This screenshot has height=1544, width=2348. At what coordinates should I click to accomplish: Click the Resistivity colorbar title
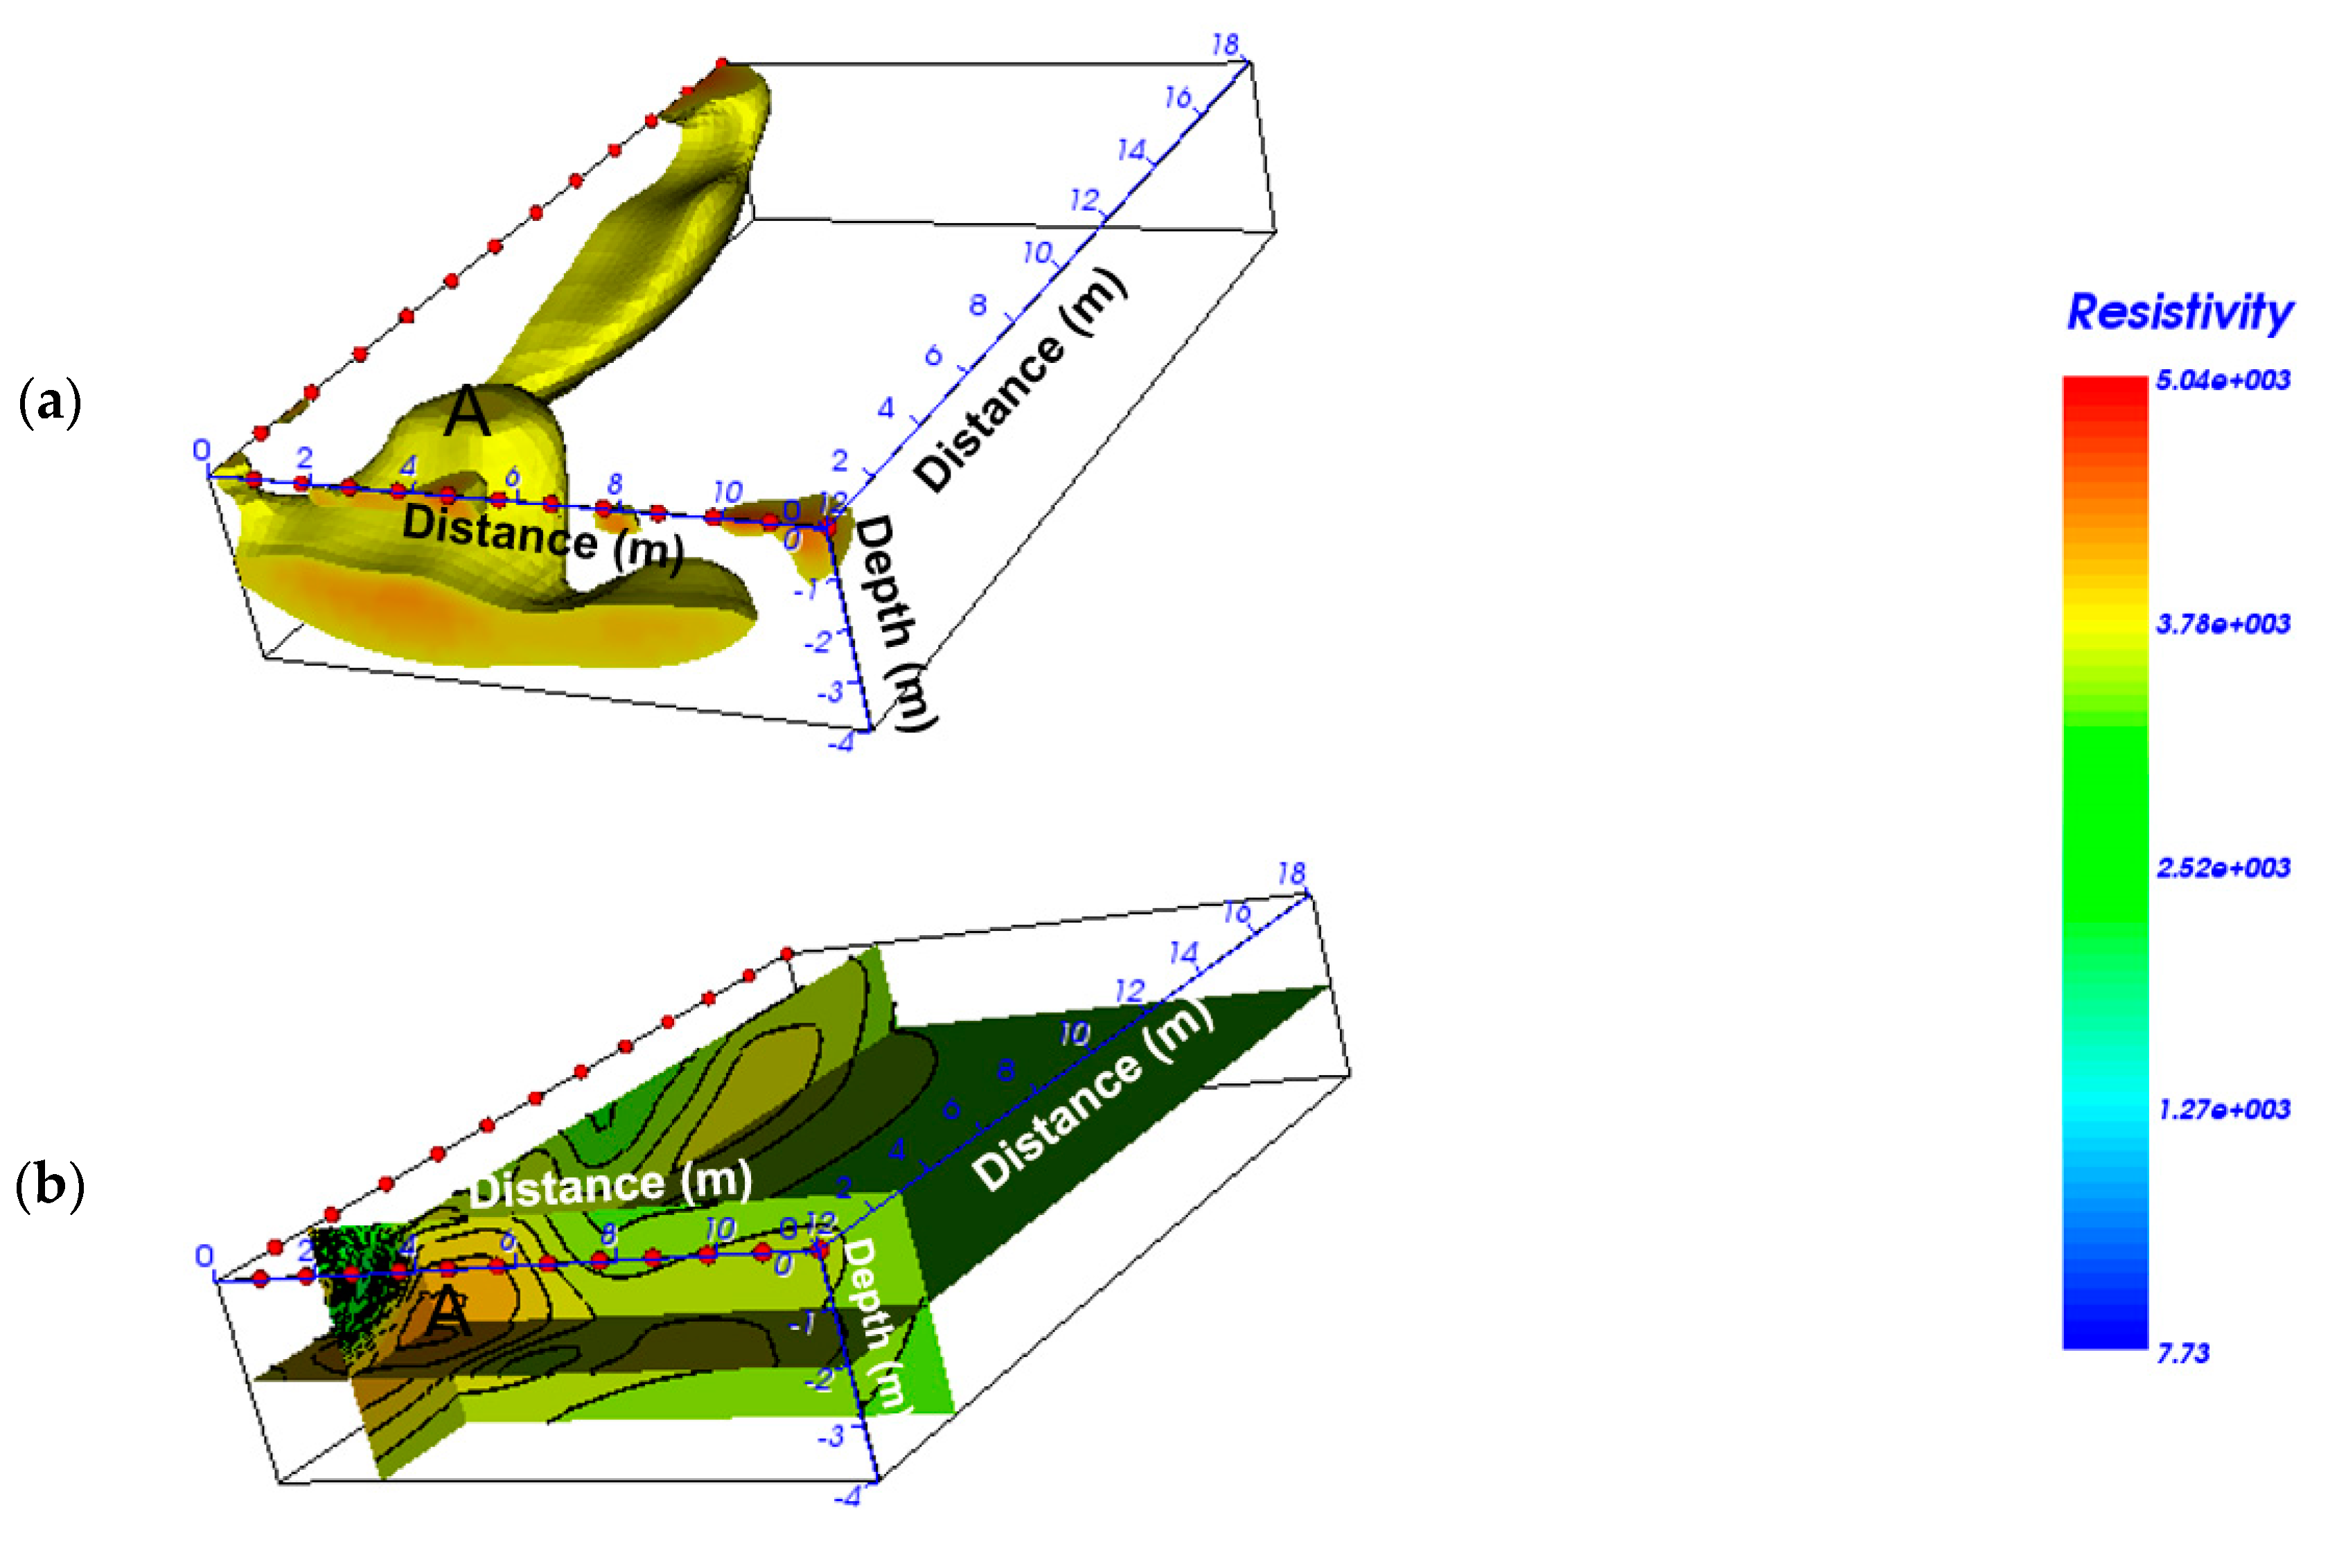2180,312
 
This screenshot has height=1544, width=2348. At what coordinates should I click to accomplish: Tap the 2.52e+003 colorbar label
2222,868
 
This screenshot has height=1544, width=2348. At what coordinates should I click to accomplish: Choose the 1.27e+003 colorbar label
2222,1110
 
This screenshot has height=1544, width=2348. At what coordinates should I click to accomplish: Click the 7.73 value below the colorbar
2182,1354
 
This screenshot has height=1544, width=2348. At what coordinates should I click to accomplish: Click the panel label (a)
49,402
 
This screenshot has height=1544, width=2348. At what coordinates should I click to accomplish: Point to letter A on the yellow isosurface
467,412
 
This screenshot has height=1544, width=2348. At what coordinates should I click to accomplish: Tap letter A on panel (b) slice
449,1312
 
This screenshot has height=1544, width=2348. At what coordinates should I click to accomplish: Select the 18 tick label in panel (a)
1224,44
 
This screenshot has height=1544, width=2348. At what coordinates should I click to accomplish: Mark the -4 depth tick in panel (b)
847,1498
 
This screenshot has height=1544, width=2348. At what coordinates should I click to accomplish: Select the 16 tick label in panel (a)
1178,97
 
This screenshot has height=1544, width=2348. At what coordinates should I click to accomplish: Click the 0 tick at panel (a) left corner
201,451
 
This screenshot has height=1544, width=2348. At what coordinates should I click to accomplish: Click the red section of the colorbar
2104,414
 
